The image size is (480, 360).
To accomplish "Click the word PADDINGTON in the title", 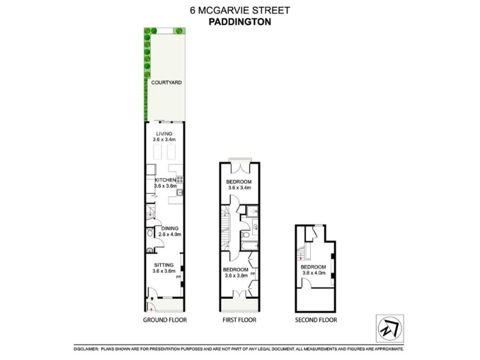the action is (239, 22).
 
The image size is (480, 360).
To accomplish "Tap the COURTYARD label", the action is (166, 82).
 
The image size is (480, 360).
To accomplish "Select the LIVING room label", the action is (164, 134).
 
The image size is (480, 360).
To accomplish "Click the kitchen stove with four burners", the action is (179, 179).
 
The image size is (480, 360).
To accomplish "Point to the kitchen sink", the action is (180, 192).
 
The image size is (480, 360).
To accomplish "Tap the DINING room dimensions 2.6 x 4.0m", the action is (170, 235).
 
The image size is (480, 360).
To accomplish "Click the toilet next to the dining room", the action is (149, 233).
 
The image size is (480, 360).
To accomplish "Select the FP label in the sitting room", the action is (178, 277).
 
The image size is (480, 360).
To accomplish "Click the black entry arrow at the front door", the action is (152, 298).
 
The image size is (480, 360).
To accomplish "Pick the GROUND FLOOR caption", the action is (164, 320).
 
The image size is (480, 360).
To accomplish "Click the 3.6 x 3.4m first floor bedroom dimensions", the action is (239, 188).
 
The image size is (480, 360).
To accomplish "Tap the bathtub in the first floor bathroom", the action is (249, 246).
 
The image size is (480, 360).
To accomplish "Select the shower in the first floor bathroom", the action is (253, 211).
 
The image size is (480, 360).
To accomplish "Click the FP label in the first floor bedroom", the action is (253, 274).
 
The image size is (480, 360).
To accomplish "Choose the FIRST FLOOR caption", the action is (239, 320).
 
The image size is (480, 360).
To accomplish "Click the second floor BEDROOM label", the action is (313, 267).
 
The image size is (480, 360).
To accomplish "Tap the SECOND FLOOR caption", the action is (316, 320).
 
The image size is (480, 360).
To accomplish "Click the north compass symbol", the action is (389, 328).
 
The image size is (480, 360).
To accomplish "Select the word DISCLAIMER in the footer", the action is (86, 349).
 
